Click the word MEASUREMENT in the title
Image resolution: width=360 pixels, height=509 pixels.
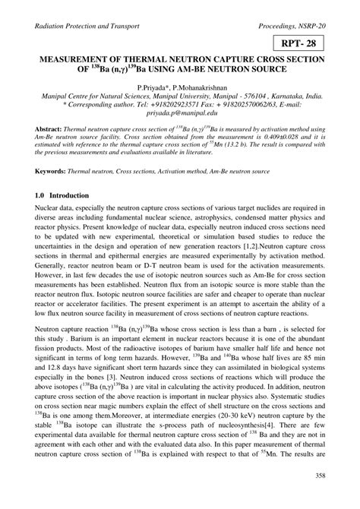click(x=73, y=61)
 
